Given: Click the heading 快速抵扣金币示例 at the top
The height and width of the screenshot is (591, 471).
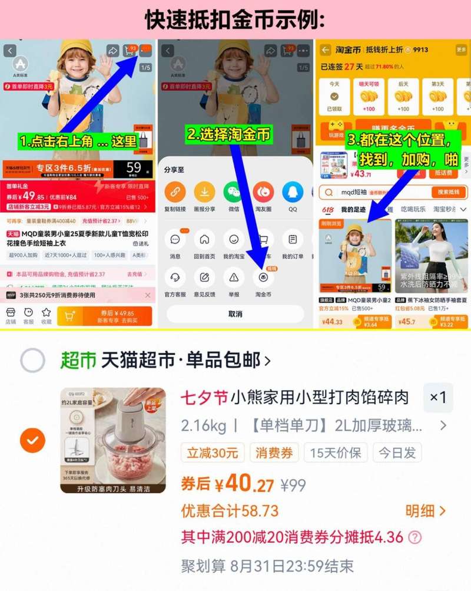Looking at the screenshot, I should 235,19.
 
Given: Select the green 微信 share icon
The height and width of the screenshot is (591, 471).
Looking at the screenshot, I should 234,192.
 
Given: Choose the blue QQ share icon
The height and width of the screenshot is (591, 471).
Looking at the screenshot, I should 293,192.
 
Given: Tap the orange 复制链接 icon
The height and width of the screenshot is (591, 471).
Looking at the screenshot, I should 175,192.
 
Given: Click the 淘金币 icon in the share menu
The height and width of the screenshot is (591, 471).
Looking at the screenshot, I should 263,277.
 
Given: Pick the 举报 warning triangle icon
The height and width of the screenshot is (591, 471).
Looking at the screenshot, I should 234,277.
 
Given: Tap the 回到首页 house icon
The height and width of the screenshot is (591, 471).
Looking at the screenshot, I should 204,240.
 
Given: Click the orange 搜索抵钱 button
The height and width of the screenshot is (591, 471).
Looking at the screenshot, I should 449,192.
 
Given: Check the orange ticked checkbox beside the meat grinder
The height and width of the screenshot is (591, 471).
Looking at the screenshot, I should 32,440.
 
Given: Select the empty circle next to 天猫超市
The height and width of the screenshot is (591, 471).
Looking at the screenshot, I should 32,360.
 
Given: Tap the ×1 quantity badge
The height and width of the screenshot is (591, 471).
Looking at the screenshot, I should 438,397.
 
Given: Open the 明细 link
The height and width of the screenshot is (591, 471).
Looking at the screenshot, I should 425,510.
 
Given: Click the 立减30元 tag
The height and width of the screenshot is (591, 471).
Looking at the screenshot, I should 213,453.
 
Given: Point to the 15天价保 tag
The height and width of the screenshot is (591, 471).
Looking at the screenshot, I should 336,453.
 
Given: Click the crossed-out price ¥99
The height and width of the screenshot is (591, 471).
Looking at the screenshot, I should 293,485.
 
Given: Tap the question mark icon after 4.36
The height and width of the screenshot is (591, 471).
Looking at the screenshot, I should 415,537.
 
